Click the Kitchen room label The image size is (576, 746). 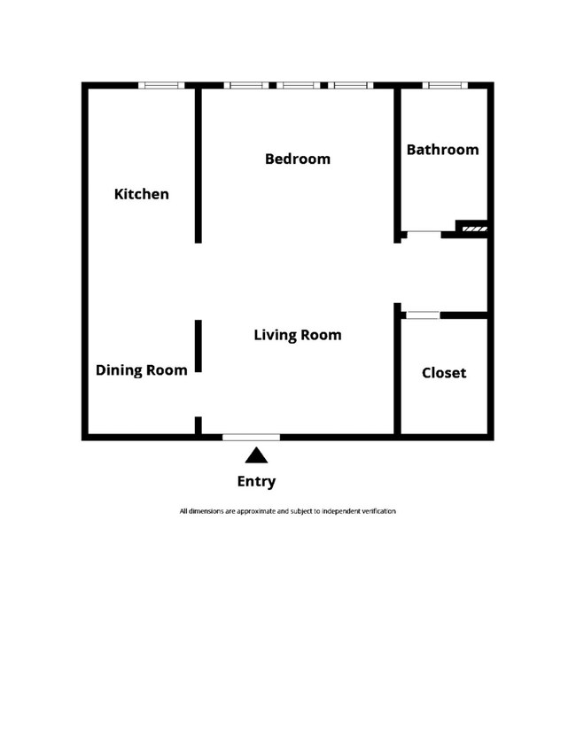tap(142, 194)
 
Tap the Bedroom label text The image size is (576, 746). tap(298, 159)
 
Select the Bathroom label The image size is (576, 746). tap(442, 150)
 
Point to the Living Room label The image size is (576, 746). tap(298, 335)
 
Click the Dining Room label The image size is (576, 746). tap(142, 370)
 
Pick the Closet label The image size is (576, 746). tap(443, 373)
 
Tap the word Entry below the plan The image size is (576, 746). tap(256, 482)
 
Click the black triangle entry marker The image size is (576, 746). tap(256, 455)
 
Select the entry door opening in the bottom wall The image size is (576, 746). tap(251, 437)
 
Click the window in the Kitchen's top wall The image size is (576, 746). tap(161, 86)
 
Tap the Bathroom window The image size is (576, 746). tap(444, 86)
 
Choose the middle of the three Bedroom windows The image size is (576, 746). tap(298, 86)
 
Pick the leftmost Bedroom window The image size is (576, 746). tap(246, 86)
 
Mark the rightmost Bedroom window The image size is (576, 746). tap(350, 86)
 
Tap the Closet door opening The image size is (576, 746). tap(422, 315)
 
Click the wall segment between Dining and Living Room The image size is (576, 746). tap(198, 346)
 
